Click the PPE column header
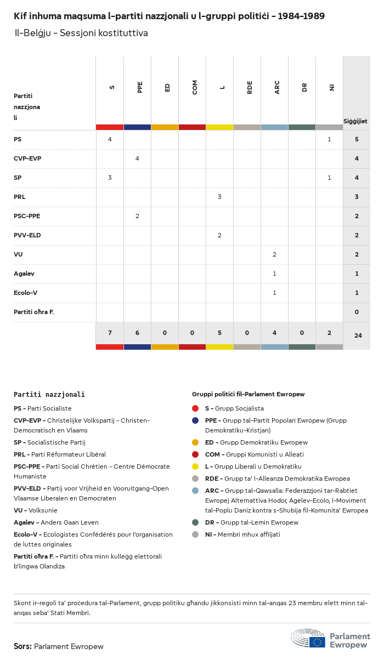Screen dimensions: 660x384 140,87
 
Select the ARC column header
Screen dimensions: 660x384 277,87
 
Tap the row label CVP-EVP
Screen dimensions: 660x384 27,158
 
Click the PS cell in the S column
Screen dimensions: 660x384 110,139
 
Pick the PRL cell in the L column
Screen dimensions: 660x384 219,197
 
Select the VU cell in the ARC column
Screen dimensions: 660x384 274,254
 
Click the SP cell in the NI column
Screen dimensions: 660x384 329,178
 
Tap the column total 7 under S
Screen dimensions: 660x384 110,333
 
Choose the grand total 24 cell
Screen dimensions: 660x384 358,335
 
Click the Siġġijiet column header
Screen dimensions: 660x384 355,121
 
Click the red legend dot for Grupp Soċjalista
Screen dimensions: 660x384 195,408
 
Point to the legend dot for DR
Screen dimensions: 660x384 195,522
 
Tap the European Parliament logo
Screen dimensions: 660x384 330,639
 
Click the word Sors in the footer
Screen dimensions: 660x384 22,646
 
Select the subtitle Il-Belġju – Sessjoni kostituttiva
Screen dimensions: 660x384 81,33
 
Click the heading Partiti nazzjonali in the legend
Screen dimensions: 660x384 49,394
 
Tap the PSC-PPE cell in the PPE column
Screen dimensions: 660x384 137,216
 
